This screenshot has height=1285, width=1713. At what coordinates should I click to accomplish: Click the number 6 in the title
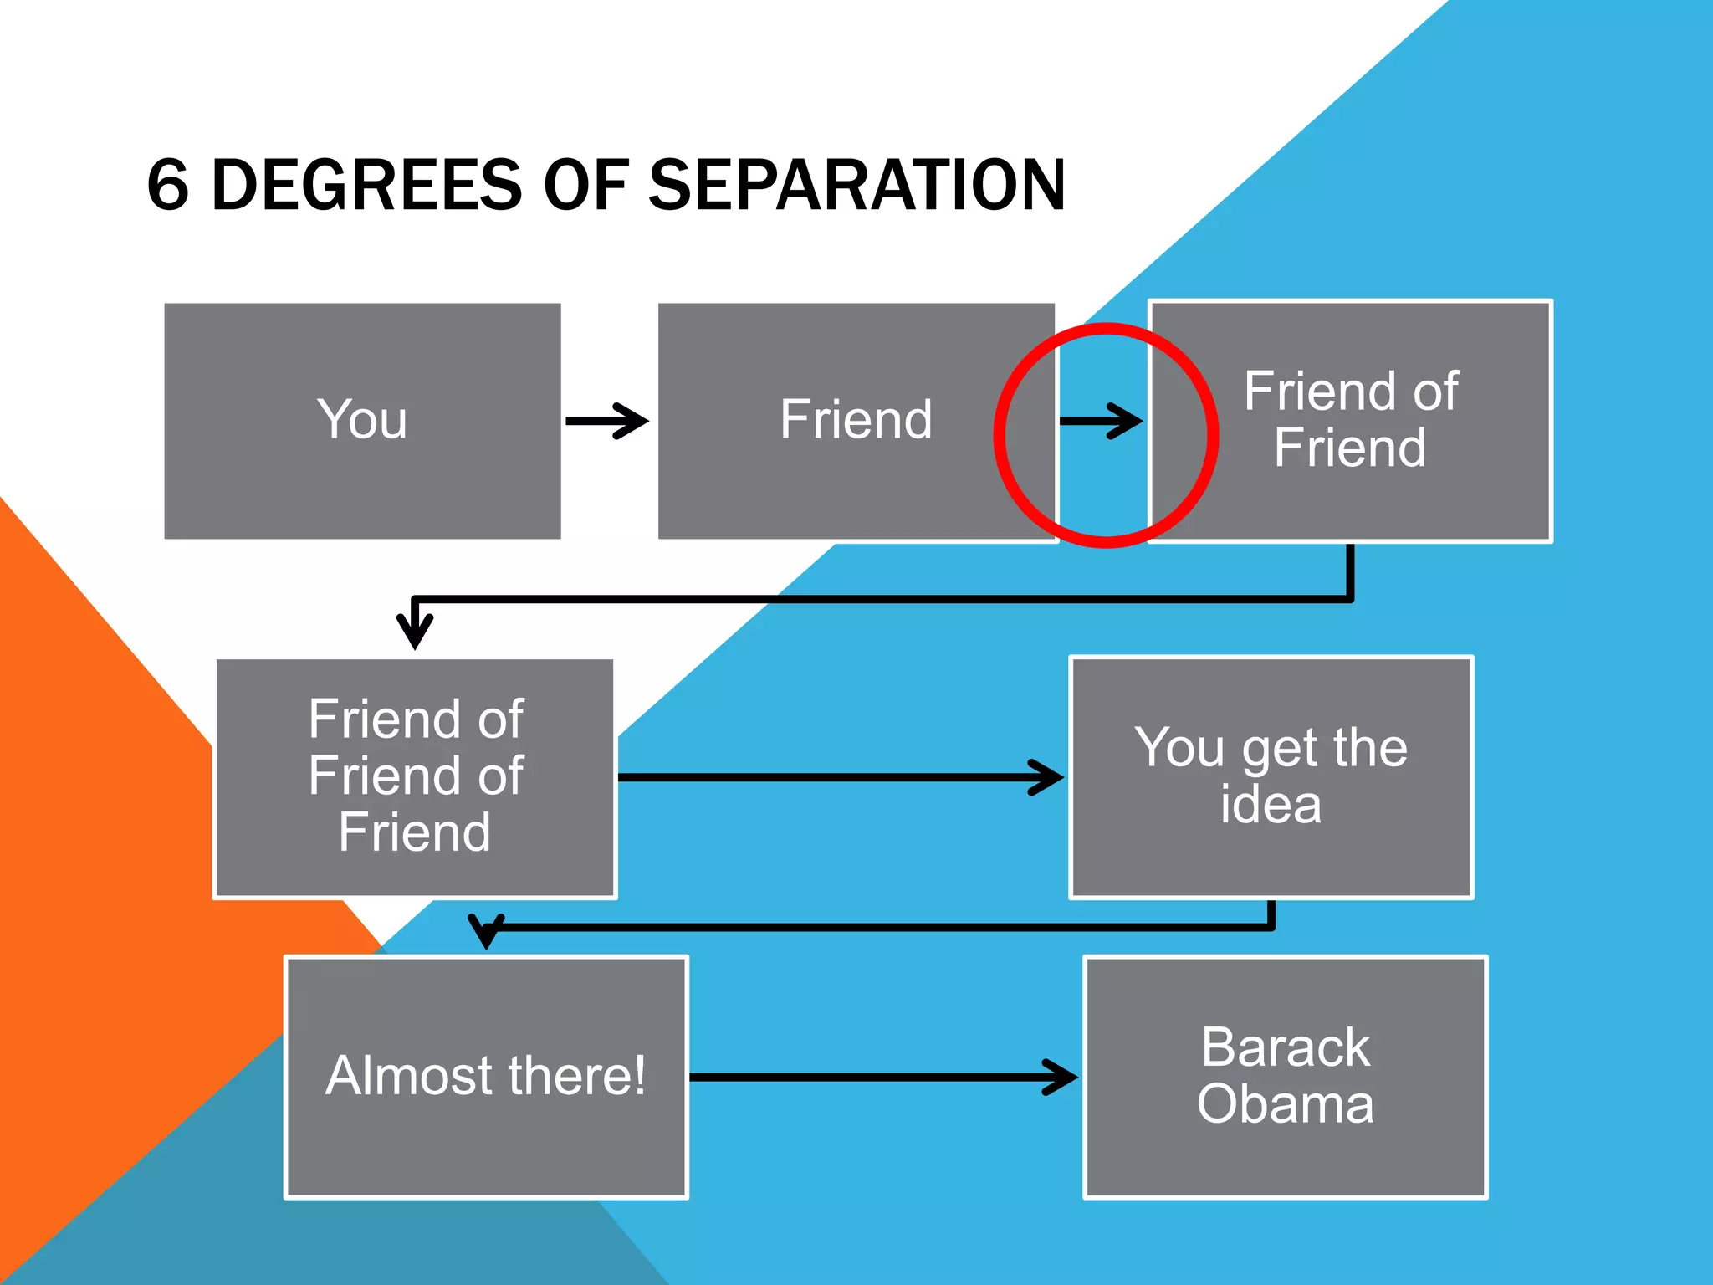168,185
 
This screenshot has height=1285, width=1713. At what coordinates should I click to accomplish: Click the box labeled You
362,421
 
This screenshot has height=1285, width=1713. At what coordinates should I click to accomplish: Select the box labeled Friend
856,421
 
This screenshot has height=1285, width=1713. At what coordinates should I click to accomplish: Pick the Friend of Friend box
1350,421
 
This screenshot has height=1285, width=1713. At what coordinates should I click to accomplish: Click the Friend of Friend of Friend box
415,777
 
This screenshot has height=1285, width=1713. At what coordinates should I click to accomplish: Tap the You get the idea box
1271,777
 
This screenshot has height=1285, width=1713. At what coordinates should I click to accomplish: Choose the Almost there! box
486,1077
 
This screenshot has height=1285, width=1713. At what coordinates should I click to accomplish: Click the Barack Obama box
1285,1077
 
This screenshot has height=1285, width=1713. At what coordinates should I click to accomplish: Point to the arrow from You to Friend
607,421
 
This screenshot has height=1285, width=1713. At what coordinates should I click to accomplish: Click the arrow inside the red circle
1101,421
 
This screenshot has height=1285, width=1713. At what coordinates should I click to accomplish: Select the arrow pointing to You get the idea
840,777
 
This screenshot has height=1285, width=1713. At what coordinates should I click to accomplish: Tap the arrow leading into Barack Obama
883,1077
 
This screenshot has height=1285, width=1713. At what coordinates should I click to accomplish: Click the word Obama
1285,1104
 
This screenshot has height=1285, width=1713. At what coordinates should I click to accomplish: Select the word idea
1271,805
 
